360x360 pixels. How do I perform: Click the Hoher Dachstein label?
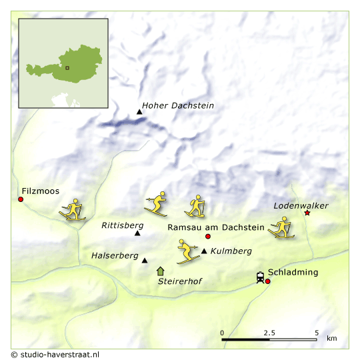[x=178, y=106]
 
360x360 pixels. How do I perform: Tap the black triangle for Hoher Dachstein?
[x=139, y=111]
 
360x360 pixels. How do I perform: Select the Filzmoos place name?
[x=41, y=191]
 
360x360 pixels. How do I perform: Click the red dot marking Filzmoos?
[x=21, y=199]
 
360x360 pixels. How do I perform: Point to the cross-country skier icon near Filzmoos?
[x=73, y=209]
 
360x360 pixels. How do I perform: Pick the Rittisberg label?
[x=122, y=225]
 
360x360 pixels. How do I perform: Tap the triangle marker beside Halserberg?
[x=144, y=260]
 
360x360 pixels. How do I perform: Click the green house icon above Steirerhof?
[x=160, y=271]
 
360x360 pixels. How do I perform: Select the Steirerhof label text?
[x=179, y=281]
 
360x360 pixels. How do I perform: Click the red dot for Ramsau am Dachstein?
[x=207, y=237]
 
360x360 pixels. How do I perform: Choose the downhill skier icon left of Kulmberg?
[x=187, y=251]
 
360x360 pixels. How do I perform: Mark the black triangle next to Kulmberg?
[x=204, y=251]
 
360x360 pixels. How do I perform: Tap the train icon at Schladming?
[x=260, y=277]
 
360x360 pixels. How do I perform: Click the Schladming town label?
[x=293, y=272]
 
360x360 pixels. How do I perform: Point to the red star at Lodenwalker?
[x=307, y=213]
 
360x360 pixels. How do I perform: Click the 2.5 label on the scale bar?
[x=269, y=332]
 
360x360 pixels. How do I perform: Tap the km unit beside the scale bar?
[x=331, y=339]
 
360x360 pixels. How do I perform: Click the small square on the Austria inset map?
[x=67, y=67]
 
